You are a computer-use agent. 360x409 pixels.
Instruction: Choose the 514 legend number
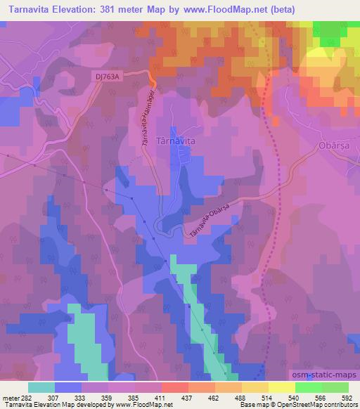pyautogui.click(x=268, y=397)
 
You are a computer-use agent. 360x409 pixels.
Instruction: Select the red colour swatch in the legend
pyautogui.click(x=174, y=387)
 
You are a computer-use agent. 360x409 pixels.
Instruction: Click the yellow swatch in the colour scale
pyautogui.click(x=281, y=387)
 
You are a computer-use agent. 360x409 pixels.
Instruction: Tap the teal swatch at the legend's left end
pyautogui.click(x=41, y=387)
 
